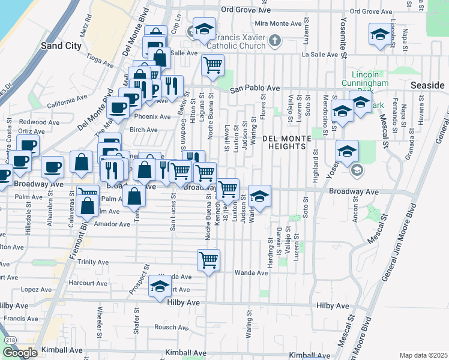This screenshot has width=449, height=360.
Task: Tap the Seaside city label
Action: coord(426,86)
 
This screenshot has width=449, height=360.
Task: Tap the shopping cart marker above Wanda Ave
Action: coord(208,260)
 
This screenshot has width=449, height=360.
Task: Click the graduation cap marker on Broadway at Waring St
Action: coord(259,196)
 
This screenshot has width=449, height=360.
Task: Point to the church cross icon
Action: coord(275,41)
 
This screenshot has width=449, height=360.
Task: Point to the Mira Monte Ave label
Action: coord(279,23)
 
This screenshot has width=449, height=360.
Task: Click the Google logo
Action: coord(20,353)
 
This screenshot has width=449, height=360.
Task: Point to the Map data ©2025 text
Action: coord(423,355)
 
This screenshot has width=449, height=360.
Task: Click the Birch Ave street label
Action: coord(143,130)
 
